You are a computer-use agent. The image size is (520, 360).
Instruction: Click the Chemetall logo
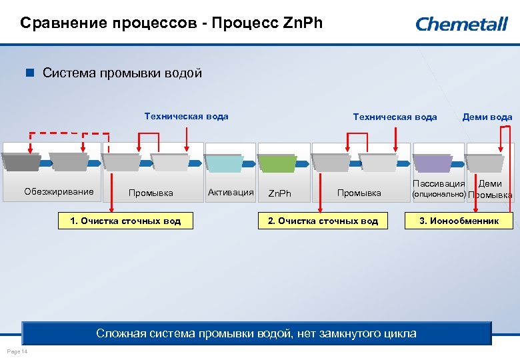pyautogui.click(x=461, y=24)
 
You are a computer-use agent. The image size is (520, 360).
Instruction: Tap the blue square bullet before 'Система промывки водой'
pyautogui.click(x=29, y=73)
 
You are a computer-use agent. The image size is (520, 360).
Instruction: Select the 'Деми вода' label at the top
pyautogui.click(x=487, y=117)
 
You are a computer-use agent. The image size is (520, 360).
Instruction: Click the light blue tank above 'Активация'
pyautogui.click(x=223, y=163)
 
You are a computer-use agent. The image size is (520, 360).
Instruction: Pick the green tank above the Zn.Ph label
pyautogui.click(x=276, y=163)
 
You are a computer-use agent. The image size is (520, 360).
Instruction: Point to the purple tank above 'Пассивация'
pyautogui.click(x=431, y=163)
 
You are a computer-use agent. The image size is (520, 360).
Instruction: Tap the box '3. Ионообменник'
pyautogui.click(x=459, y=221)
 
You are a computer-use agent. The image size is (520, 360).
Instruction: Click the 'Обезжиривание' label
pyautogui.click(x=59, y=192)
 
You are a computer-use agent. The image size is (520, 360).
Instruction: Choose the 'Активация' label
pyautogui.click(x=231, y=193)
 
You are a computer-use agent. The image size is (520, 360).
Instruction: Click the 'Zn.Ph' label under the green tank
pyautogui.click(x=279, y=194)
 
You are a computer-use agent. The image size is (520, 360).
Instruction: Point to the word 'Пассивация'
pyautogui.click(x=439, y=184)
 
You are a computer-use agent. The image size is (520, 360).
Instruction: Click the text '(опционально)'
pyautogui.click(x=438, y=195)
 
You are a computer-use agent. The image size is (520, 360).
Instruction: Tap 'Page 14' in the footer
pyautogui.click(x=15, y=351)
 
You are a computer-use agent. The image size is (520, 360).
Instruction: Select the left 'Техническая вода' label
pyautogui.click(x=186, y=117)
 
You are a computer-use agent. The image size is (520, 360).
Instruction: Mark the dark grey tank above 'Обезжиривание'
pyautogui.click(x=21, y=163)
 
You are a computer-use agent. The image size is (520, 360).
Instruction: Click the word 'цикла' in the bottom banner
pyautogui.click(x=399, y=333)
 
